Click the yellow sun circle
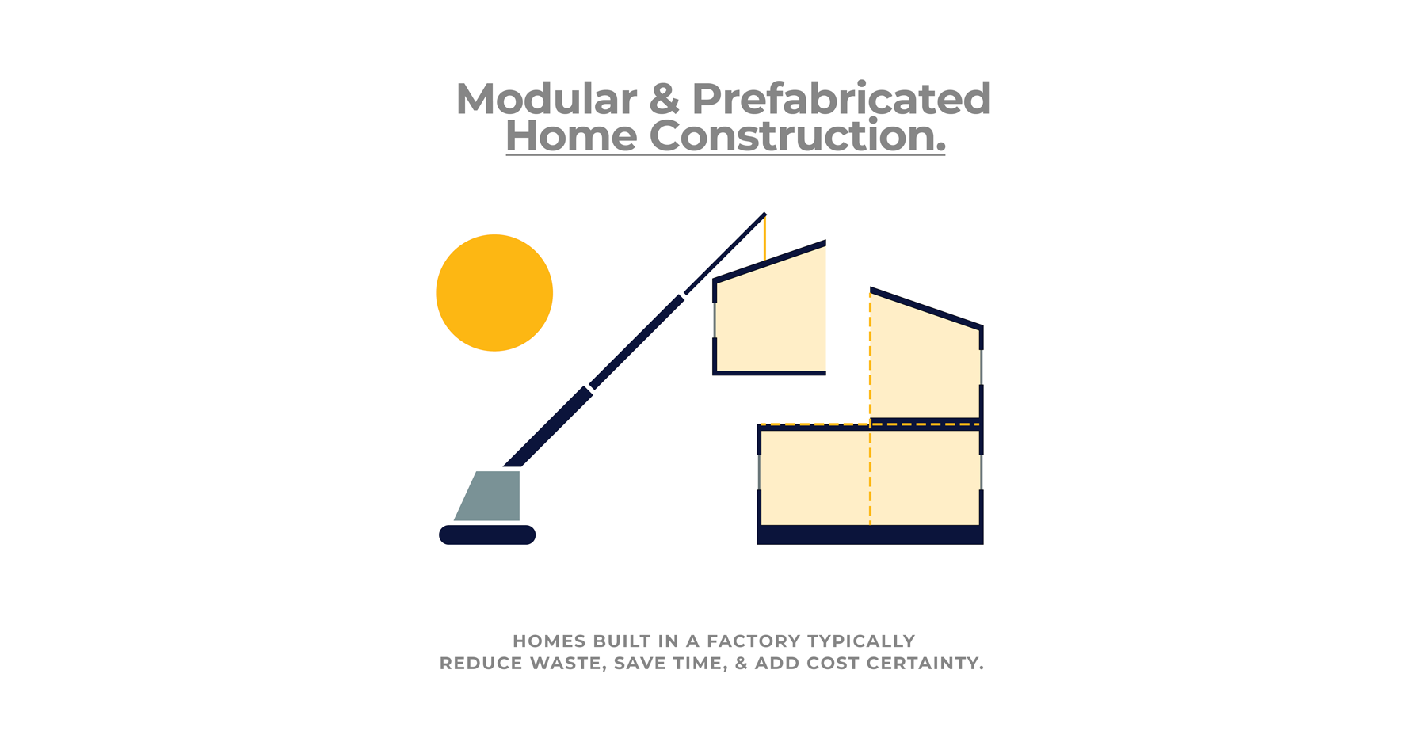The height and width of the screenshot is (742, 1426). tap(494, 292)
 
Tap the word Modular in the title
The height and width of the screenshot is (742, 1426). tap(547, 99)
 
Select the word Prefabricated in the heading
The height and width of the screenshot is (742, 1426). tap(841, 99)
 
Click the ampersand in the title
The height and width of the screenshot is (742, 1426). tap(664, 99)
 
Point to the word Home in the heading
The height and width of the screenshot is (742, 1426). tap(571, 135)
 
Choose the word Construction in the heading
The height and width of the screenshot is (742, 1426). tap(792, 135)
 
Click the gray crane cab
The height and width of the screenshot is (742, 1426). tap(491, 496)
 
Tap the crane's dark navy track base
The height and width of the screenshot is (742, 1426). tap(487, 535)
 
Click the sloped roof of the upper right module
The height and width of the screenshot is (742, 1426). tap(926, 308)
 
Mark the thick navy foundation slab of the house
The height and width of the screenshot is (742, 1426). tap(870, 535)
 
